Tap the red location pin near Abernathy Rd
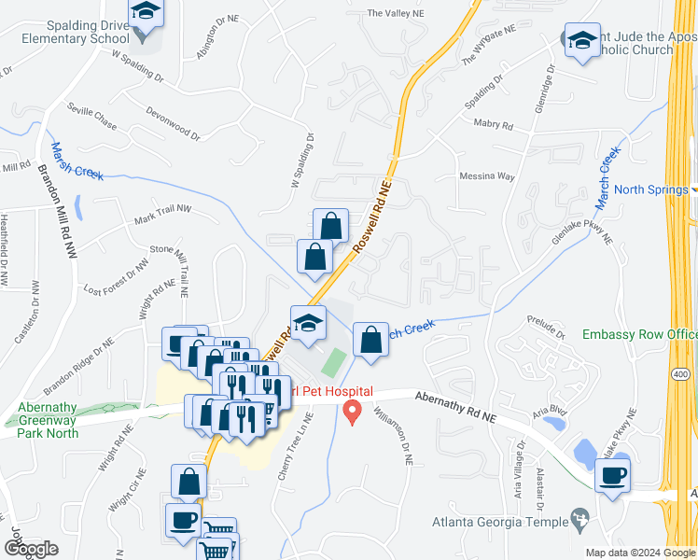pos(353,411)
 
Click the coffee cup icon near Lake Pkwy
pos(613,475)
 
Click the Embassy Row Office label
pos(639,334)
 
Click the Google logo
pos(31,549)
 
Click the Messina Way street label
pos(487,175)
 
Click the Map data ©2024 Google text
pos(639,553)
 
